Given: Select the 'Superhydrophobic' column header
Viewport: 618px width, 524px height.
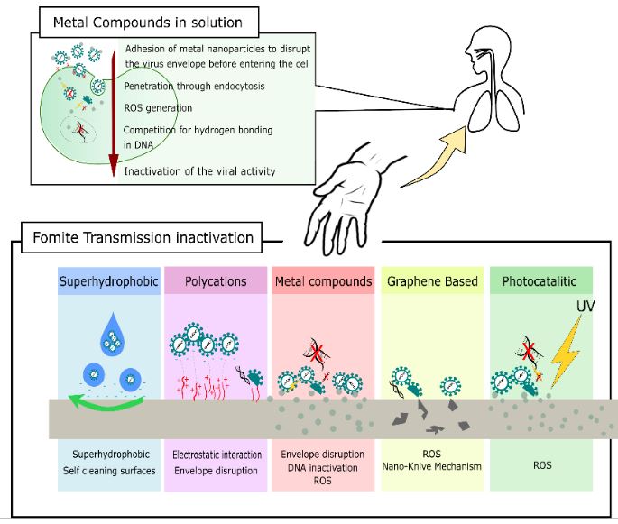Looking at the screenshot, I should click(x=108, y=281).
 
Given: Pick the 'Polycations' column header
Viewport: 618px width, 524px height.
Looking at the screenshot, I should click(x=216, y=281).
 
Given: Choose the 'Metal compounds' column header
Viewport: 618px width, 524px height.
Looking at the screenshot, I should click(x=322, y=281).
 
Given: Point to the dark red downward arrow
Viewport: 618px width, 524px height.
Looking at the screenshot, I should click(x=113, y=108).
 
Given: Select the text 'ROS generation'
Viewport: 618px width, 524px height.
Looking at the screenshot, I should click(x=159, y=108).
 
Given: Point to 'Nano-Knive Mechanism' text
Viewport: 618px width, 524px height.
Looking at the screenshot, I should click(x=431, y=466).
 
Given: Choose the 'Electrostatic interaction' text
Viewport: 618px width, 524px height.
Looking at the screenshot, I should click(x=216, y=455).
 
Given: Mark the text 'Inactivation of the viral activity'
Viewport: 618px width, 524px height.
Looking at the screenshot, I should click(x=200, y=171).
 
